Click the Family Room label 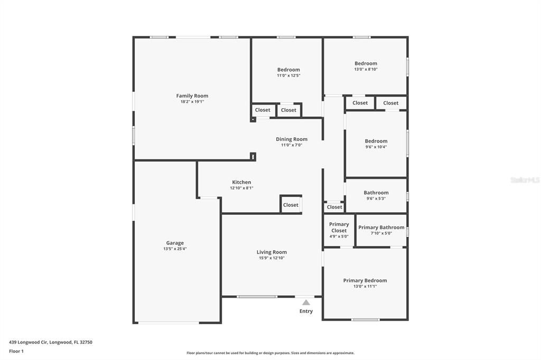click(x=192, y=96)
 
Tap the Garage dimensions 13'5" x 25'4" click(x=175, y=249)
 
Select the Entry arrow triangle click(x=306, y=302)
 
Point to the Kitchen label click(x=241, y=182)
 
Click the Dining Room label click(x=292, y=139)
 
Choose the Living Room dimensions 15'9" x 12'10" click(x=272, y=258)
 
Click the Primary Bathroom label click(x=381, y=228)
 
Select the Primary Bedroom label click(x=365, y=280)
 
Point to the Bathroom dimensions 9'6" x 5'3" click(x=376, y=198)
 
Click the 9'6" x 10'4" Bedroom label click(x=376, y=141)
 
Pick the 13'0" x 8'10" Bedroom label click(x=366, y=63)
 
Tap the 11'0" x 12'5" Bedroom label click(x=288, y=70)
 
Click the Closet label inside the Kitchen click(x=291, y=205)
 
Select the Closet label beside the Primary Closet click(x=334, y=207)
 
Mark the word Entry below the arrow click(x=306, y=311)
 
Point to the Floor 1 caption click(x=16, y=351)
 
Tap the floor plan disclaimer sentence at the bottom click(x=270, y=353)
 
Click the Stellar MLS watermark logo click(x=525, y=180)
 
